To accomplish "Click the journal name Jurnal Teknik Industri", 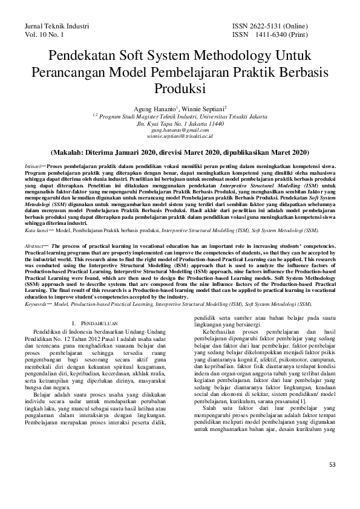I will coord(56,27).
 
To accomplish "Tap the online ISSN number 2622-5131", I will coord(274,27).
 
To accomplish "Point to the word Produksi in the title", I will coord(180,88).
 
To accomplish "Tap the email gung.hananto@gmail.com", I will coord(180,130).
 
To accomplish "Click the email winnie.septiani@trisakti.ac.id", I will coord(180,137).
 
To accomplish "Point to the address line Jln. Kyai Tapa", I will coord(180,123).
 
